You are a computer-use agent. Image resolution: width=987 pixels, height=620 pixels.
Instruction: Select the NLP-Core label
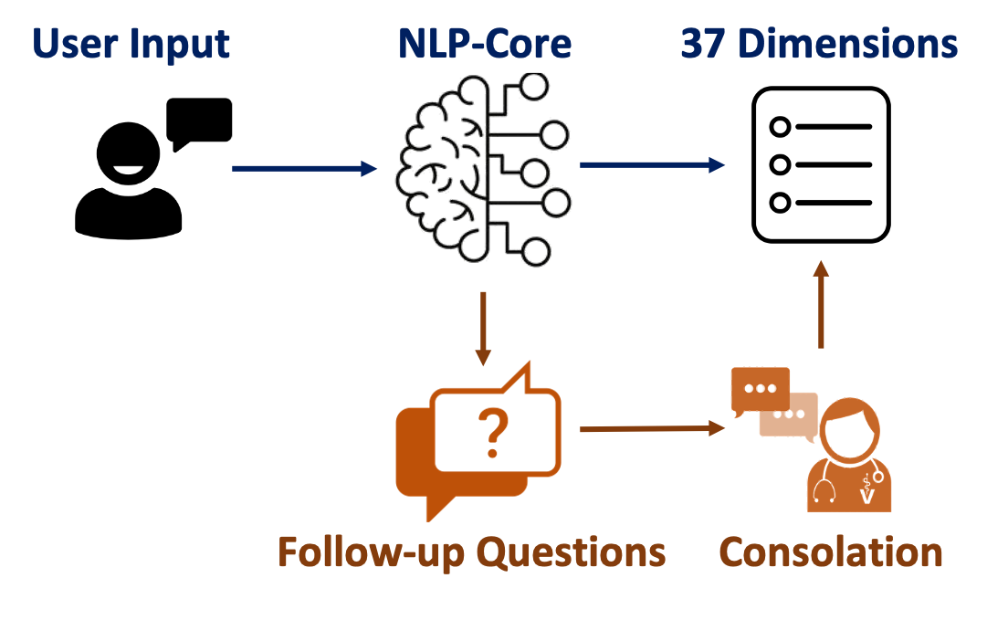coord(485,43)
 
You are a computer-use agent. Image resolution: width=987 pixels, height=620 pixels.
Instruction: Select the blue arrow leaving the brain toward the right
coord(652,164)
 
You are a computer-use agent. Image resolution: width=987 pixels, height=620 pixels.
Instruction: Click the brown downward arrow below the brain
coord(484,329)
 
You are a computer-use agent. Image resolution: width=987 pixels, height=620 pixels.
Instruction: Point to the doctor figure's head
coord(849,429)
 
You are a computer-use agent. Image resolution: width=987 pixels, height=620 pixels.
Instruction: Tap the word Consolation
coord(831,552)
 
